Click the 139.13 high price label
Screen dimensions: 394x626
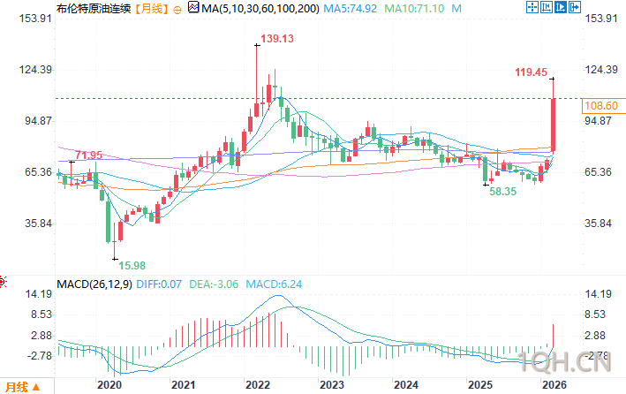coord(276,39)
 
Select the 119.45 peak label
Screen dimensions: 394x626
coord(532,72)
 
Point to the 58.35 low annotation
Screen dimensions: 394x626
coord(504,191)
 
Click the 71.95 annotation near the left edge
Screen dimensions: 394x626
coord(88,155)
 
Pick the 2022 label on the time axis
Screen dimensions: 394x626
coord(258,385)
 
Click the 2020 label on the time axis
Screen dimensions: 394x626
coord(109,385)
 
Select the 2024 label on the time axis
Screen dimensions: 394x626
coord(406,385)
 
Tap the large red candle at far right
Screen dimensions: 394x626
coord(553,124)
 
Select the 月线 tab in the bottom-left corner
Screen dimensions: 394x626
coord(17,386)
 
